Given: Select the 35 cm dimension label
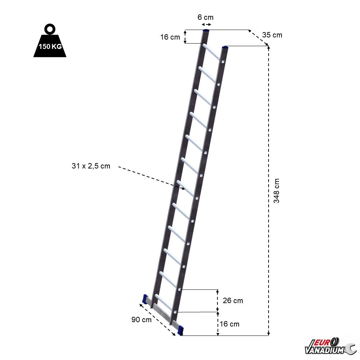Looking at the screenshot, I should pos(272,35).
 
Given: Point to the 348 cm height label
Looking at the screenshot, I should pos(276,191).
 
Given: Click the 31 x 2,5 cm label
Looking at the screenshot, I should pos(91,166).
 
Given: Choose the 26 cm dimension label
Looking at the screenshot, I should pos(233,301).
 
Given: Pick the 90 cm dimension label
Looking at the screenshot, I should pos(141,320).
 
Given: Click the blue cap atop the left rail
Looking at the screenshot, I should pos(207,31).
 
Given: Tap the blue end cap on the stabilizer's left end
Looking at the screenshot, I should pos(146,298).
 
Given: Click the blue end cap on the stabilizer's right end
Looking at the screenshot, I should pos(180,329).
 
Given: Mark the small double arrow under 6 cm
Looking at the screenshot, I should pos(206,25).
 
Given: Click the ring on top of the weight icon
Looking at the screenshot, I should pos(49,28).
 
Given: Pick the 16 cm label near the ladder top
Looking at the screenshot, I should pos(170,37).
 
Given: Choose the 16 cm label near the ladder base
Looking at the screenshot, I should pos(229,324).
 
